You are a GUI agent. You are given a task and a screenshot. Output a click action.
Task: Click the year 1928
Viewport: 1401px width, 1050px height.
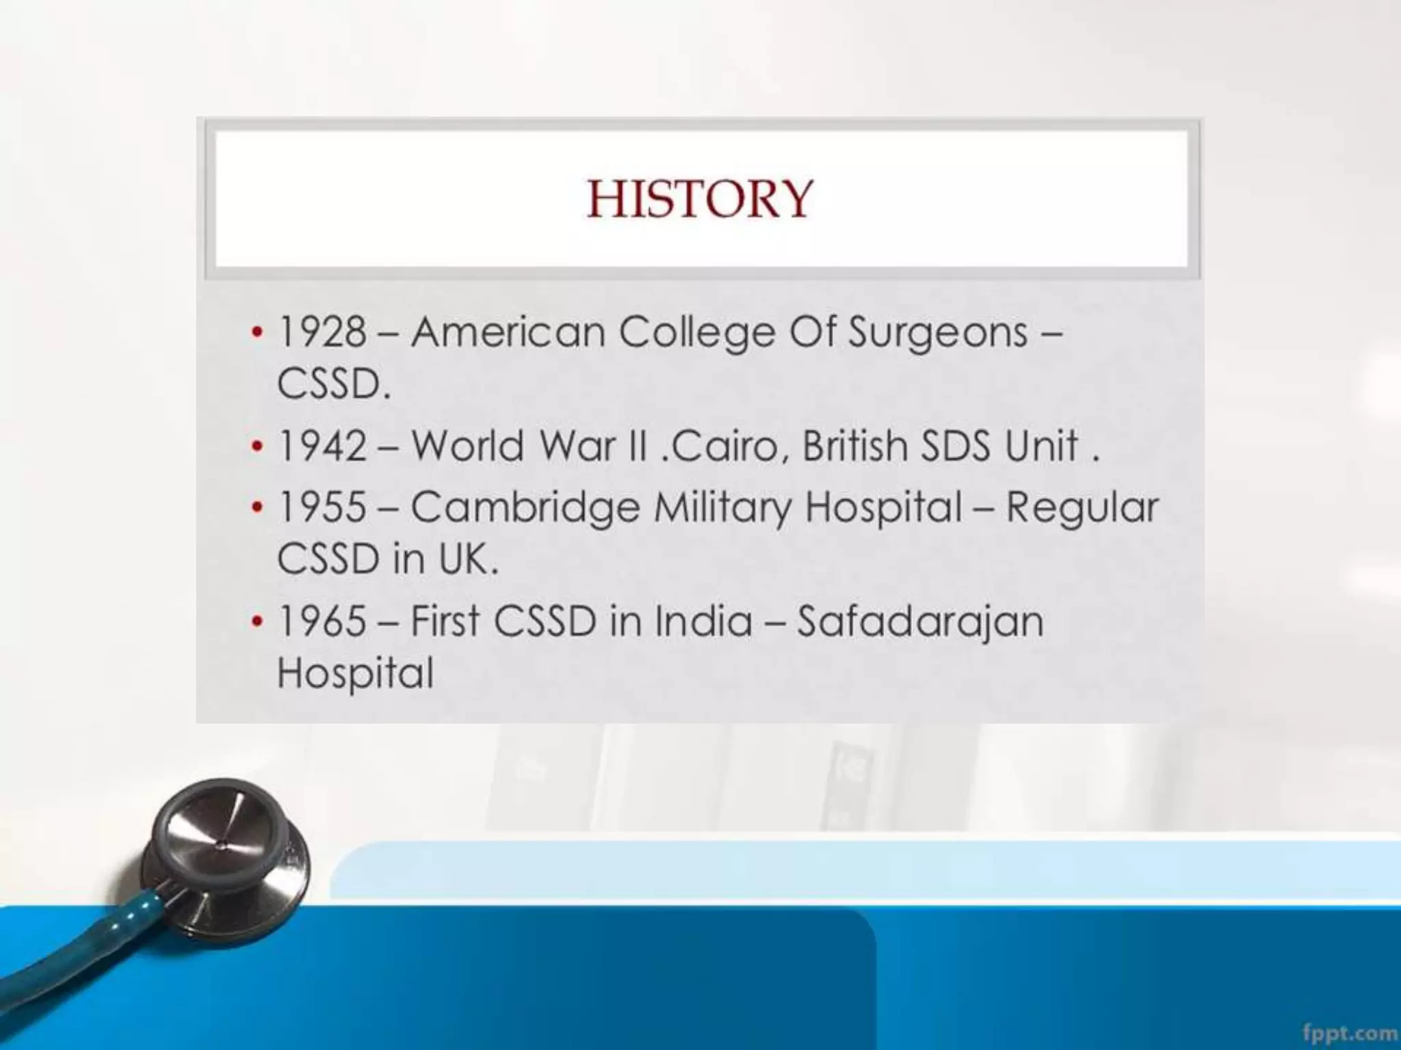click(x=322, y=333)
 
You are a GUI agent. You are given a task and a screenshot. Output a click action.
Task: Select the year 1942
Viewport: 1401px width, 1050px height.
click(x=322, y=446)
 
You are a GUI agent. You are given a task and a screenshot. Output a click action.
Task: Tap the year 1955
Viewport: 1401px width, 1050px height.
click(x=322, y=507)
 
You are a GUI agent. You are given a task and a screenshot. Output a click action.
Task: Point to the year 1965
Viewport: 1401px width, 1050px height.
click(x=322, y=621)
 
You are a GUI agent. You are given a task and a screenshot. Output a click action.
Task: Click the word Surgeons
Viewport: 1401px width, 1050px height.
click(x=938, y=333)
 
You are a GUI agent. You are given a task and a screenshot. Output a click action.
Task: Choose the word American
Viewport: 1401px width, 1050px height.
click(x=508, y=333)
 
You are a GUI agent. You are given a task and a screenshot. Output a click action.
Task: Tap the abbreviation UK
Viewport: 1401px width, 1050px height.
click(x=466, y=559)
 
